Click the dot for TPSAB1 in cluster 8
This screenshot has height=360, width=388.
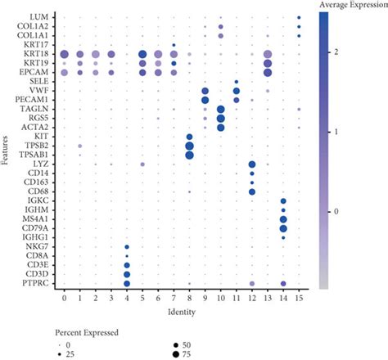[189, 155]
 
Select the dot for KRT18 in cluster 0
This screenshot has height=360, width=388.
[64, 54]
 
